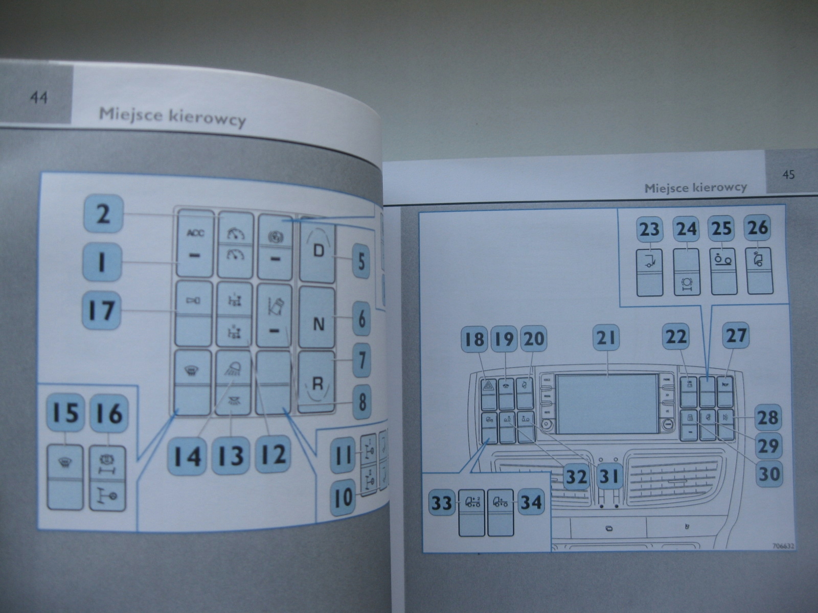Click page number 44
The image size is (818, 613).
(39, 98)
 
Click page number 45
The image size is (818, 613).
(788, 175)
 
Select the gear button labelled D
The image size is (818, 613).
(318, 251)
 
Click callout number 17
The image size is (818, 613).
(102, 310)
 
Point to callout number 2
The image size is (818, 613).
(103, 214)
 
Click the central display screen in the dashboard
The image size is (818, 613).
(607, 402)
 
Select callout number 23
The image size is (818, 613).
(649, 229)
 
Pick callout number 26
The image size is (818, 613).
(758, 228)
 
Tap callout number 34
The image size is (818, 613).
(531, 502)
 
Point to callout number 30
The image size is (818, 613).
(769, 473)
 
